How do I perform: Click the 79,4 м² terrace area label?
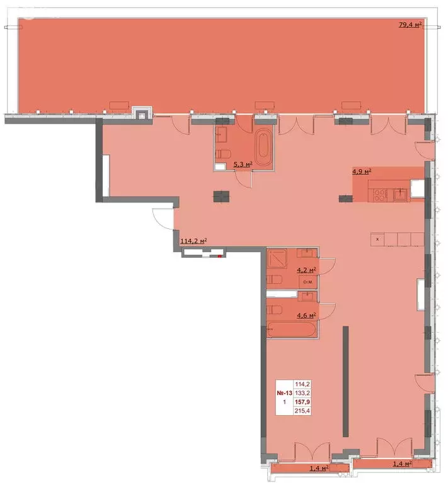click(410, 25)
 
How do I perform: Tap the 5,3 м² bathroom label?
click(243, 165)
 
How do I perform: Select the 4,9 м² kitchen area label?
click(362, 170)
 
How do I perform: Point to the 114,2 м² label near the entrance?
click(194, 240)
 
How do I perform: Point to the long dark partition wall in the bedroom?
click(345, 381)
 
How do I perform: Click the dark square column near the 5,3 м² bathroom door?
click(221, 196)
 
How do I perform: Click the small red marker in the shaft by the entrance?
click(219, 256)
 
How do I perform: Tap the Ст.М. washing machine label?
click(308, 282)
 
